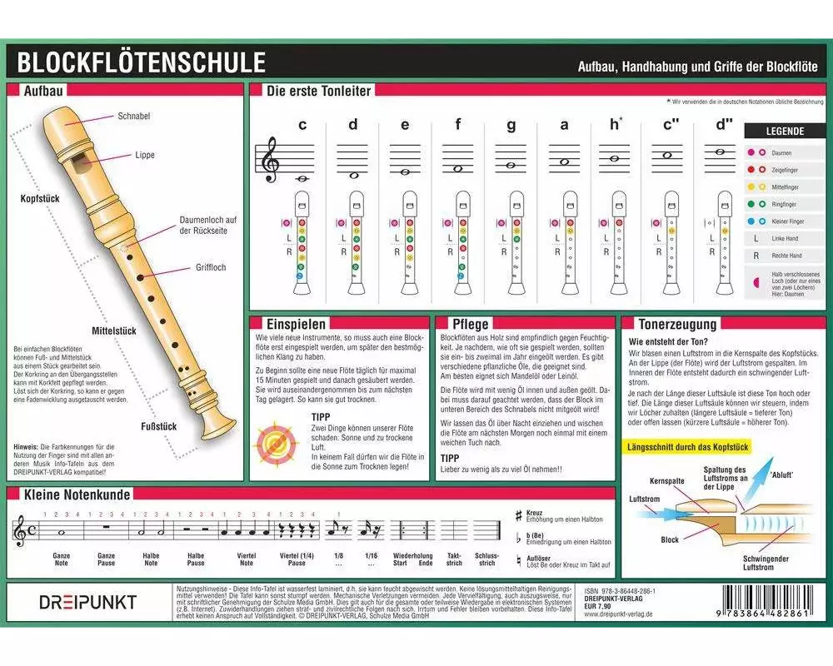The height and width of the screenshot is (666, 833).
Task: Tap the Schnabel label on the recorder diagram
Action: pyautogui.click(x=133, y=117)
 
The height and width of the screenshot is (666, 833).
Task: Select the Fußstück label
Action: pyautogui.click(x=157, y=427)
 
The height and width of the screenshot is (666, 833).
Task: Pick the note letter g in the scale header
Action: pyautogui.click(x=511, y=126)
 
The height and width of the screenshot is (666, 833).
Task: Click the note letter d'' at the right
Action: pyautogui.click(x=723, y=126)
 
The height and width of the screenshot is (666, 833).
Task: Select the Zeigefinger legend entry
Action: pyautogui.click(x=786, y=170)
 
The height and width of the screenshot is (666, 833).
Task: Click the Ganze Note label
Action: pyautogui.click(x=61, y=559)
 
